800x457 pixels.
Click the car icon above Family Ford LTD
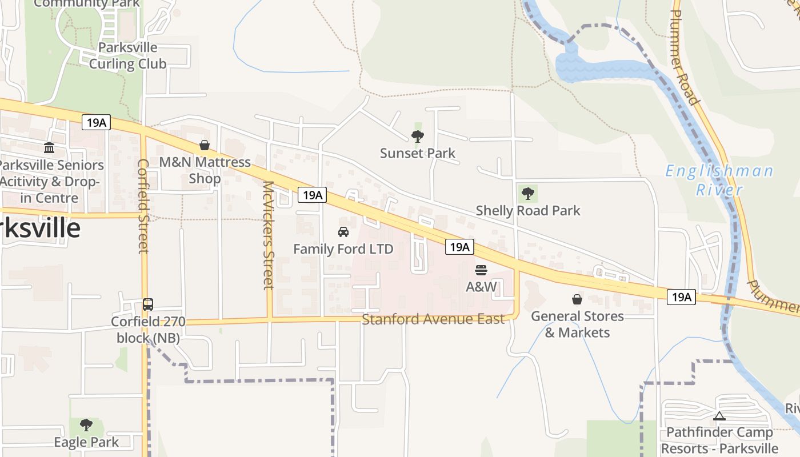click(x=343, y=232)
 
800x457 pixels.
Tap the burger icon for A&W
click(x=481, y=270)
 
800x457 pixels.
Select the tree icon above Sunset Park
click(x=418, y=136)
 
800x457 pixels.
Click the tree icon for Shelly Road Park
click(x=528, y=194)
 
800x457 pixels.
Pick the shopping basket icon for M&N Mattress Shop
click(x=205, y=146)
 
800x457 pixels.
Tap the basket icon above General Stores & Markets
click(x=577, y=299)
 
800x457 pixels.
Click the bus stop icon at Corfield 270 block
click(x=148, y=304)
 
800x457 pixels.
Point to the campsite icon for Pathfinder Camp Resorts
click(x=719, y=416)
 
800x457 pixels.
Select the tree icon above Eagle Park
click(x=86, y=425)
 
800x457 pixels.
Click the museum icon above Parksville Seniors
click(x=49, y=148)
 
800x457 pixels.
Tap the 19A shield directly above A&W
click(x=459, y=247)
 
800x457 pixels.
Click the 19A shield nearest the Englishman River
click(x=681, y=297)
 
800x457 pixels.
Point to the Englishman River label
click(x=719, y=180)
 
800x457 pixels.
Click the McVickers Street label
click(x=269, y=235)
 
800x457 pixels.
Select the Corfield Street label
click(x=143, y=206)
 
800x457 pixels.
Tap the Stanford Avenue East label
click(x=433, y=319)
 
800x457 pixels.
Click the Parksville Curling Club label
click(x=127, y=55)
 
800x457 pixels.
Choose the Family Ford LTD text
click(x=343, y=249)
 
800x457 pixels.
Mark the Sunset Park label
click(x=418, y=153)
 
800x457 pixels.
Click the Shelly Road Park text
click(x=528, y=211)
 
